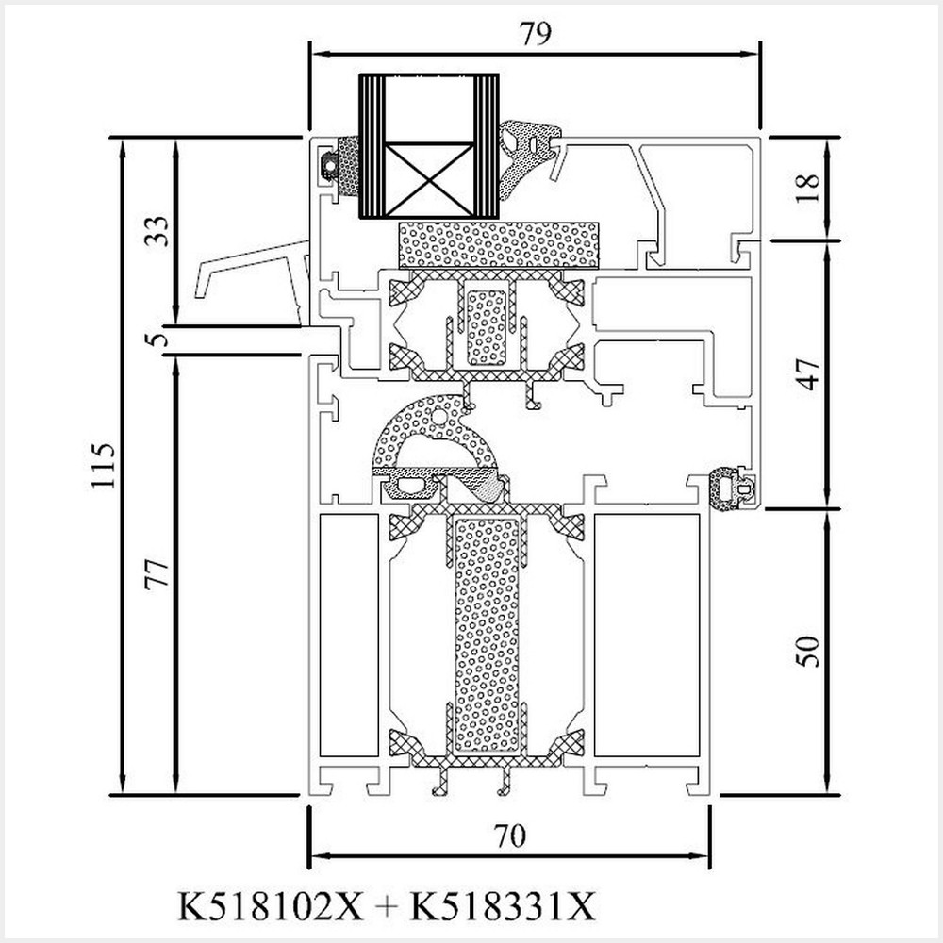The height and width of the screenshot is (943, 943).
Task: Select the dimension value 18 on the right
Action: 810,187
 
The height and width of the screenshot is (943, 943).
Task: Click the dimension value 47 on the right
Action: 810,373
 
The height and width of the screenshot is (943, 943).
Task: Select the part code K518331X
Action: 503,907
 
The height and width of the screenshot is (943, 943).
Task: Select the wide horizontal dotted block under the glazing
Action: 498,245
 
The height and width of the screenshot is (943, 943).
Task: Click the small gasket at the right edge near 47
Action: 732,489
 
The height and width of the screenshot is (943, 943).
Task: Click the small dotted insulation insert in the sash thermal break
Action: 487,326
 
